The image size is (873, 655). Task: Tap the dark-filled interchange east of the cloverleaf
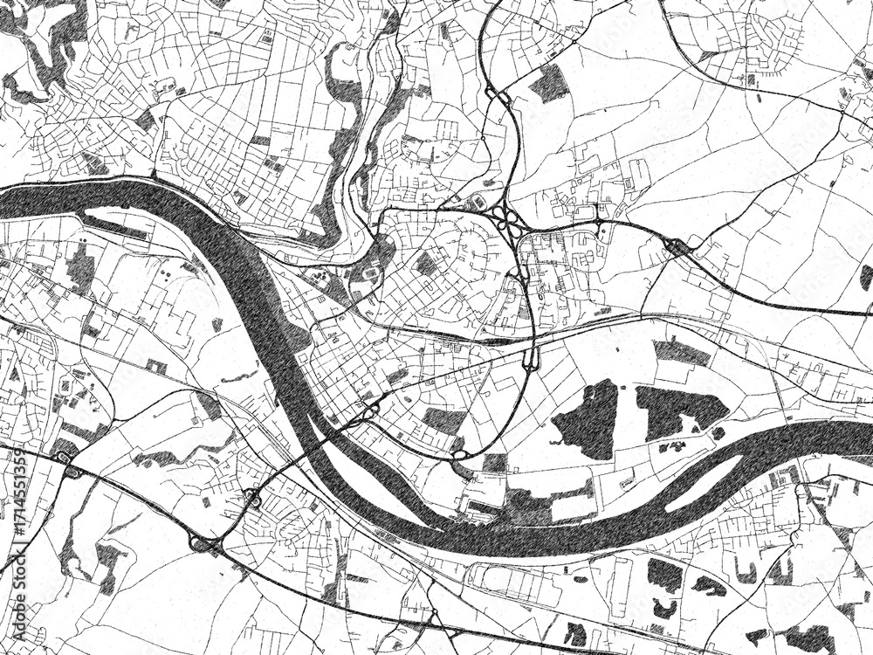(x=678, y=248)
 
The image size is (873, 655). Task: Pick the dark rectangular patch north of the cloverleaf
(x=551, y=83)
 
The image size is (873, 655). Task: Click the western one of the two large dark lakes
(x=588, y=419)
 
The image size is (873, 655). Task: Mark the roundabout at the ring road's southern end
(x=460, y=454)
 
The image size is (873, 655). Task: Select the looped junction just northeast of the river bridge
(x=370, y=408)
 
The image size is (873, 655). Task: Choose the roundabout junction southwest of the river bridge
(x=253, y=499)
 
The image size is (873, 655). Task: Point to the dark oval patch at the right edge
(x=865, y=277)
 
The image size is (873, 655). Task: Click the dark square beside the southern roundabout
(x=495, y=462)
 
